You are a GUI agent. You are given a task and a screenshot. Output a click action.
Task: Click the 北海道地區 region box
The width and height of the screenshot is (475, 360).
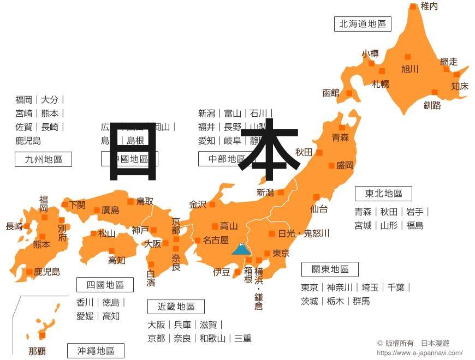[363, 24]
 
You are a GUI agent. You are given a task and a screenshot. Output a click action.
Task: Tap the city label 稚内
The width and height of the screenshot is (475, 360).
[429, 7]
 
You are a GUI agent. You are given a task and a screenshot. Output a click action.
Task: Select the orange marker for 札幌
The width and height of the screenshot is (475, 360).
[382, 71]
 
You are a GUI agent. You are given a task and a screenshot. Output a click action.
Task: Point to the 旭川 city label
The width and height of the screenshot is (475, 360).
[409, 69]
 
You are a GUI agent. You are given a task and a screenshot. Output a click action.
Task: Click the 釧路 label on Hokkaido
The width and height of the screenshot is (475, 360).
[432, 105]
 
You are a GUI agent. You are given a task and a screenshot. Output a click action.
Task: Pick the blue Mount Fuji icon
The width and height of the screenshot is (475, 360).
[241, 249]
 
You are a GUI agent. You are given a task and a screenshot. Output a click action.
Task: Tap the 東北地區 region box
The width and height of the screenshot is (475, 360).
[383, 194]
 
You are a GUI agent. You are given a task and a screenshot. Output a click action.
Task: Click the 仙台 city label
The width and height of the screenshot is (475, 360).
[319, 209]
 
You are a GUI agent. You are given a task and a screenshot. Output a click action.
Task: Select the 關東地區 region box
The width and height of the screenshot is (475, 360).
[330, 269]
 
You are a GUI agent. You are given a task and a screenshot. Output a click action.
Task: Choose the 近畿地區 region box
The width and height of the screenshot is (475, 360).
[176, 307]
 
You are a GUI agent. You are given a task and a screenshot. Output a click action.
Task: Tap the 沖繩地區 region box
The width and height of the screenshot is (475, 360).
[96, 351]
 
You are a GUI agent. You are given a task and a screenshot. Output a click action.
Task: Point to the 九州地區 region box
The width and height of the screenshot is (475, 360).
[43, 159]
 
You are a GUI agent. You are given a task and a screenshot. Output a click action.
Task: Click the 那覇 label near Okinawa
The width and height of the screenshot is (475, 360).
[37, 351]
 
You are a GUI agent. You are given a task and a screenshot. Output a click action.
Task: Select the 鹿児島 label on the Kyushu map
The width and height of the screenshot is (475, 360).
[47, 272]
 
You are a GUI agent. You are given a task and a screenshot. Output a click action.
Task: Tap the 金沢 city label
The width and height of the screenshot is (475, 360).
[198, 205]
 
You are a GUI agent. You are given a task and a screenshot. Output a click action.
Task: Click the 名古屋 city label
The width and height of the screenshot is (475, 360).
[216, 240]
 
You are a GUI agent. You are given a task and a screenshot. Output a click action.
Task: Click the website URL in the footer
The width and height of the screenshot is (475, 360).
[419, 353]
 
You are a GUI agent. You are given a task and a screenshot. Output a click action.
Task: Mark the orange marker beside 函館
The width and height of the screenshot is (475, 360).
[349, 93]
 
